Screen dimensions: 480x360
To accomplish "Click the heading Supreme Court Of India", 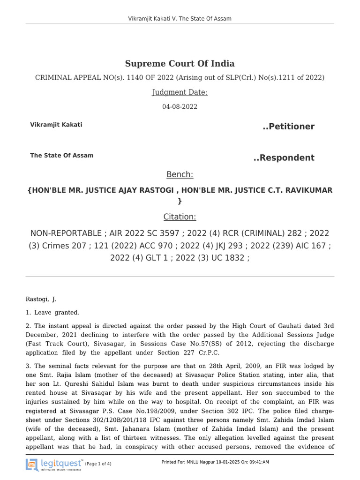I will pos(180,64).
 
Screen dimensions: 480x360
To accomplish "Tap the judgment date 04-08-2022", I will pos(180,107).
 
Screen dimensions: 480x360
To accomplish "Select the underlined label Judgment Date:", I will pos(180,92).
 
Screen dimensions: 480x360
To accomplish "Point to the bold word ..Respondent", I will pos(284,157).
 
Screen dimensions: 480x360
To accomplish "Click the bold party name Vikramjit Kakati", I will pos(56,125).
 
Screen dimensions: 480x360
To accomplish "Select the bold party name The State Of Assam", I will pos(62,156).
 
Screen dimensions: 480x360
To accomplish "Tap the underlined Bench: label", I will pos(180,175).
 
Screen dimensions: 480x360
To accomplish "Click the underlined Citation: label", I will pos(180,217).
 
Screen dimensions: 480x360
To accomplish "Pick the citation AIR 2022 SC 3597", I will pos(141,233).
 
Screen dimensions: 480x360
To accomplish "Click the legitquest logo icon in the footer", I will pos(32,465).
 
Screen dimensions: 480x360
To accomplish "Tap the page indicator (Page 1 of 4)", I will pos(98,464).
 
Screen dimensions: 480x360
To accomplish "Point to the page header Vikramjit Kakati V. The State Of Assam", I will pos(180,19).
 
